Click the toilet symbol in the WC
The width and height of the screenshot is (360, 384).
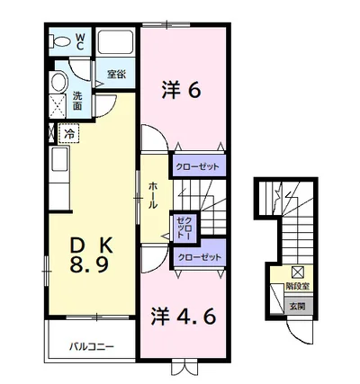point(60,41)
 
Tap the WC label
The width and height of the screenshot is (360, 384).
point(80,41)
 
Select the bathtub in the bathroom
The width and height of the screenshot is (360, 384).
point(115,42)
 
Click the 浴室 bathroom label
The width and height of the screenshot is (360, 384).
point(117,75)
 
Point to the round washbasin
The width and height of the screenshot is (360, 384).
point(58,82)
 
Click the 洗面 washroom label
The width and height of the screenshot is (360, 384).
point(77,101)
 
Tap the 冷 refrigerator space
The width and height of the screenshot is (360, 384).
point(69,133)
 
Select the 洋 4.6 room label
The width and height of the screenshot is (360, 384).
point(184,317)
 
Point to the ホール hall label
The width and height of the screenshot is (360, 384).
point(153,195)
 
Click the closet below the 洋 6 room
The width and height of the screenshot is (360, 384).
point(197,165)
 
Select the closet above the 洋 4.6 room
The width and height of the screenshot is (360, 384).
point(199,257)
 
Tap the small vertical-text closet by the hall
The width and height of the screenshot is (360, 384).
point(184,228)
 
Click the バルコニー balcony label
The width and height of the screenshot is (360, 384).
point(92,347)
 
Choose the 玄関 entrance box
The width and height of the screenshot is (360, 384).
point(298,306)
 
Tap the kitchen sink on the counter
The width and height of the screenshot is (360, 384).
point(59,159)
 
